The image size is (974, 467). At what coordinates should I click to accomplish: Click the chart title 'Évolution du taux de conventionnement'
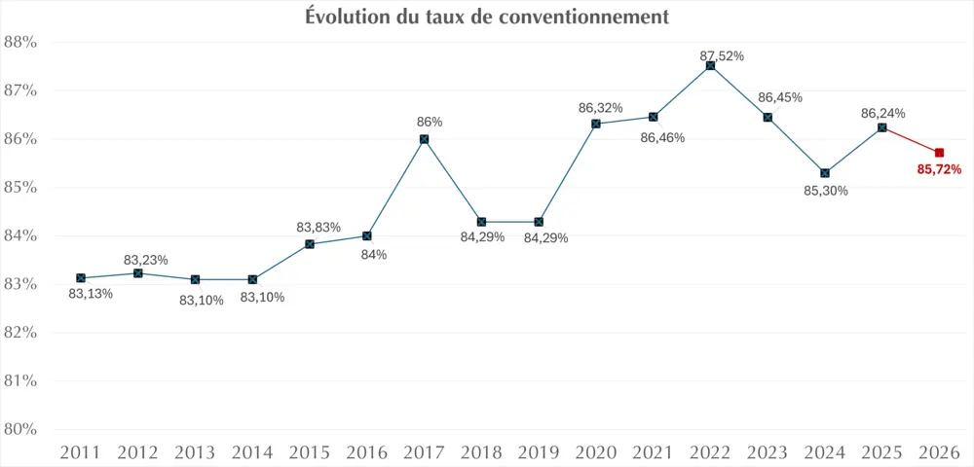tap(487, 17)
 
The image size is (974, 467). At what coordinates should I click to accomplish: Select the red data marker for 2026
tap(939, 153)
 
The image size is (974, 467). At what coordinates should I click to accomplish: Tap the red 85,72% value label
tap(939, 169)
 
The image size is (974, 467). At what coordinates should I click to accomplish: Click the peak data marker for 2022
tap(710, 65)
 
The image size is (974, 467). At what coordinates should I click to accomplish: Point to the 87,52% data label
tap(722, 55)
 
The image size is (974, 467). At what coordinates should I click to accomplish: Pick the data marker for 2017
tap(425, 139)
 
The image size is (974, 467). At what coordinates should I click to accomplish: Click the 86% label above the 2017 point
tap(430, 122)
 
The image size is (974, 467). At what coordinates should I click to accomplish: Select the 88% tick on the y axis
tap(20, 43)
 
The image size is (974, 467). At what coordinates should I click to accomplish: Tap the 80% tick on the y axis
tap(20, 429)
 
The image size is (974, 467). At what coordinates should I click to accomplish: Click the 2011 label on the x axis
tap(80, 452)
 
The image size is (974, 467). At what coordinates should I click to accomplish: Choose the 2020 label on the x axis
tap(595, 452)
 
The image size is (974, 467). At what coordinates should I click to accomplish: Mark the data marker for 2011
tap(81, 278)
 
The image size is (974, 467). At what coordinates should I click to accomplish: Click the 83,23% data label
tap(146, 260)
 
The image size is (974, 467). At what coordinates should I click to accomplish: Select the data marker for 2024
tap(825, 173)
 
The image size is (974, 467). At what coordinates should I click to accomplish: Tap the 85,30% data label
tap(826, 191)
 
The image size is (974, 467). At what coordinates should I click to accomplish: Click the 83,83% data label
tap(318, 228)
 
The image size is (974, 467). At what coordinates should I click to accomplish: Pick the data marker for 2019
tap(539, 222)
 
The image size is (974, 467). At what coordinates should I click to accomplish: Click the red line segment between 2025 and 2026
tap(911, 140)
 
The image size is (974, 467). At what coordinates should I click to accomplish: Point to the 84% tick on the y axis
tap(20, 236)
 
